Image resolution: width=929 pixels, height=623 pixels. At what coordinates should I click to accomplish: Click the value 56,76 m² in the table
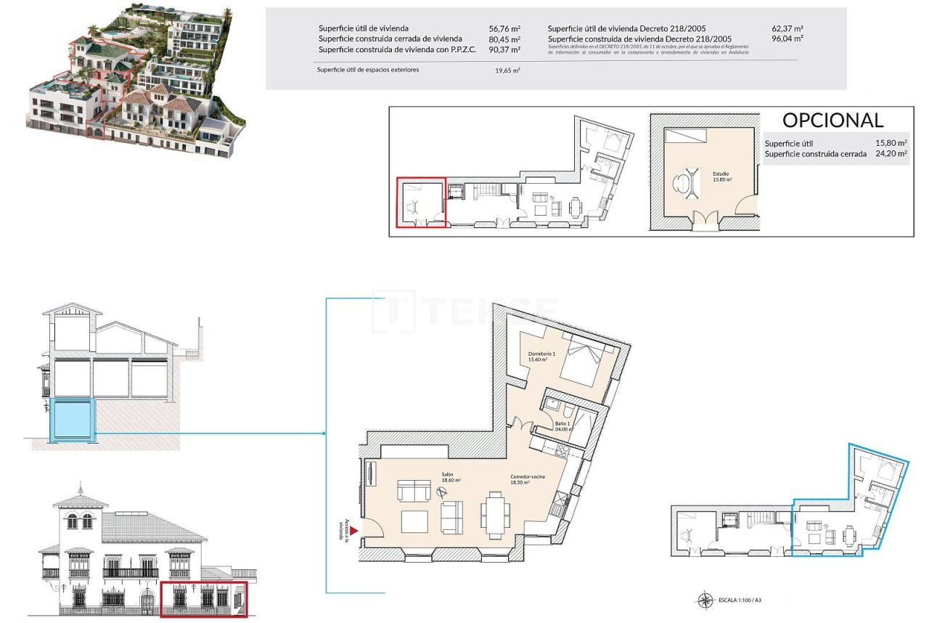pyautogui.click(x=504, y=29)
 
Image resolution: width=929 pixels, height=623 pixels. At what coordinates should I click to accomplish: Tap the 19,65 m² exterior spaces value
pyautogui.click(x=507, y=70)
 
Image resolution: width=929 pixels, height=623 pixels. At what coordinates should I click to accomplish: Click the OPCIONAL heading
pyautogui.click(x=832, y=120)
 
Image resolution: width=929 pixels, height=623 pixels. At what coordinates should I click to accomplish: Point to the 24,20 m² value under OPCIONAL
pyautogui.click(x=891, y=154)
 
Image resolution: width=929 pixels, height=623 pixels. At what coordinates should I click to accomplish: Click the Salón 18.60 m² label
pyautogui.click(x=451, y=477)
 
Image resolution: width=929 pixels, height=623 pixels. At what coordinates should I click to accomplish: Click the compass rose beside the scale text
pyautogui.click(x=705, y=600)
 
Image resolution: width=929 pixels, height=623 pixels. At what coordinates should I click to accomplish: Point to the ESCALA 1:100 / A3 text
pyautogui.click(x=740, y=600)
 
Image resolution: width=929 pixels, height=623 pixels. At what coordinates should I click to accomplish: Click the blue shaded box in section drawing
pyautogui.click(x=72, y=419)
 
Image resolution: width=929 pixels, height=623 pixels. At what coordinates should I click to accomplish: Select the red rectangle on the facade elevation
pyautogui.click(x=203, y=598)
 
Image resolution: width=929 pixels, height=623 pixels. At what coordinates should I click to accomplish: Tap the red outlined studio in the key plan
pyautogui.click(x=420, y=203)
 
